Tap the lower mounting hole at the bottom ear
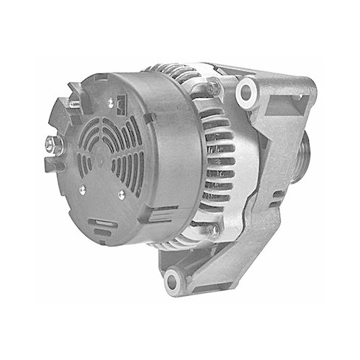pos(174,282)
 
